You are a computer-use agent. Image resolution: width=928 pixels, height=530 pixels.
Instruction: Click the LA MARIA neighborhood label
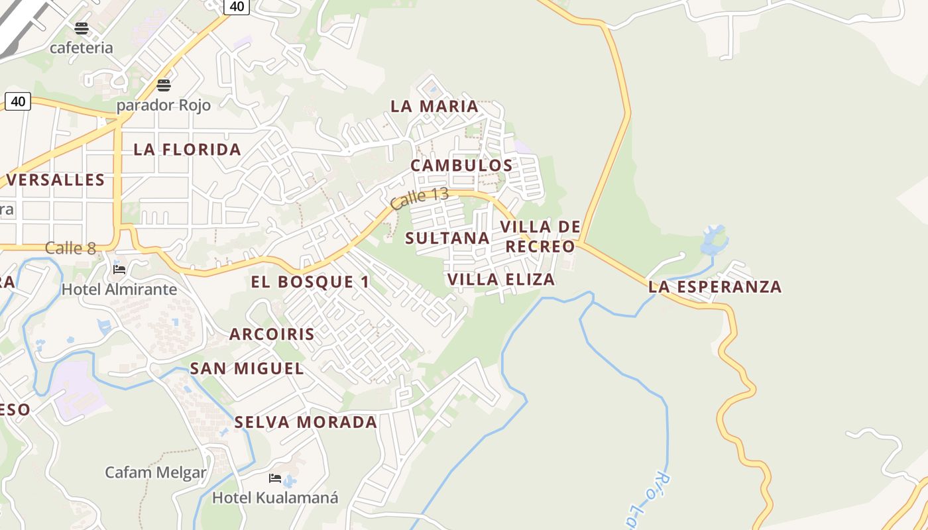tap(434, 106)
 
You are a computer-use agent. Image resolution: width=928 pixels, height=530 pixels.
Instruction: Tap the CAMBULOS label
tap(461, 166)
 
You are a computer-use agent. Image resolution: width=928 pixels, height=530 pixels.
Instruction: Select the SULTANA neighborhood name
tap(447, 238)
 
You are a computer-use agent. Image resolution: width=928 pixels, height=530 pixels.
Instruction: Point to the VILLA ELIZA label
tap(501, 280)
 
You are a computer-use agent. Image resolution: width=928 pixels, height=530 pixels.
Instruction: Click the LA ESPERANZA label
tap(715, 287)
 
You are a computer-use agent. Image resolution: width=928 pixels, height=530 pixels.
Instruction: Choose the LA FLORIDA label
tap(188, 150)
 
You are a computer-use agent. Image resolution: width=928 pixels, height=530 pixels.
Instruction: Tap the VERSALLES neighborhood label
tap(56, 180)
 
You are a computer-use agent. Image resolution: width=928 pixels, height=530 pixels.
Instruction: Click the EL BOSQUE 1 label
tap(310, 282)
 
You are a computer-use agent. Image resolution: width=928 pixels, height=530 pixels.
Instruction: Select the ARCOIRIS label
tap(272, 335)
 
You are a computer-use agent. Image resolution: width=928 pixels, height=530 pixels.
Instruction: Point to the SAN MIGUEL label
tap(247, 369)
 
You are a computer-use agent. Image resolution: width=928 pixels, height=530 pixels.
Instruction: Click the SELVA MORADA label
tap(306, 423)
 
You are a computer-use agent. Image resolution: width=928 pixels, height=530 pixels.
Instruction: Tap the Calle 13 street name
tap(420, 199)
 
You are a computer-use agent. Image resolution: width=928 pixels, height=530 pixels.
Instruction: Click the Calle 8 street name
tap(70, 248)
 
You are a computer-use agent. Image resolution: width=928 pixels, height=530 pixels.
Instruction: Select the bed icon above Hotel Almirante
tap(119, 269)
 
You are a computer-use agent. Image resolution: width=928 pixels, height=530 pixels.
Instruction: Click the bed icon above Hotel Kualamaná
tap(275, 478)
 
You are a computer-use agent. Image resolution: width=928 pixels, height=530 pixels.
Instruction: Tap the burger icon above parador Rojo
tap(164, 85)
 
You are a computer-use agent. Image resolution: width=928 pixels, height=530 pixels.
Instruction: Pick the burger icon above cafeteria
tap(82, 28)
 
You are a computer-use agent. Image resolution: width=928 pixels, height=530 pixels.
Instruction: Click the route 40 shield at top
tap(237, 7)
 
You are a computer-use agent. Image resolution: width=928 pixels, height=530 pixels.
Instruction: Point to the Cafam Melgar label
tap(156, 473)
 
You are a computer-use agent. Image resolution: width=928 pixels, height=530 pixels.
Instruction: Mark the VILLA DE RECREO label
tap(540, 237)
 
